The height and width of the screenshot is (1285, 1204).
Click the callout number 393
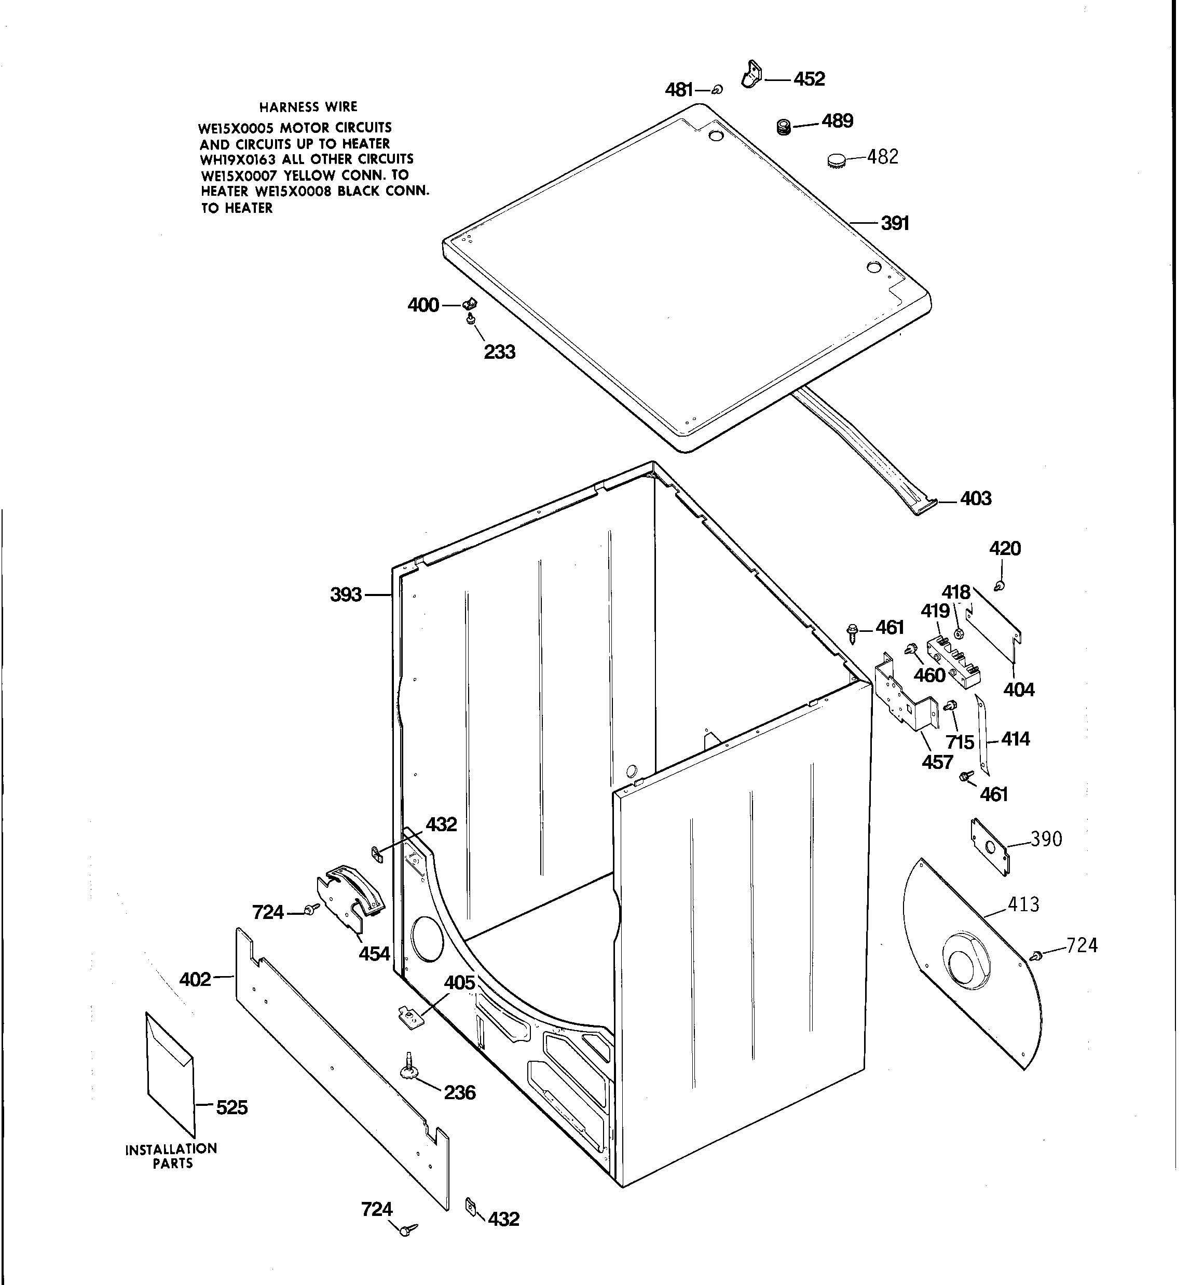pos(346,594)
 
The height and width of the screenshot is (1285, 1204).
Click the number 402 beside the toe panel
pos(195,979)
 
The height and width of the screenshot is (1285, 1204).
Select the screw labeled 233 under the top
pos(471,319)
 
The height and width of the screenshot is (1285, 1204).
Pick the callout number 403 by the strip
pos(975,498)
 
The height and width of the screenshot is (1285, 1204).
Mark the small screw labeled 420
pos(1000,586)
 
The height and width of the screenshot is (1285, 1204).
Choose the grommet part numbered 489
pos(784,127)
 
